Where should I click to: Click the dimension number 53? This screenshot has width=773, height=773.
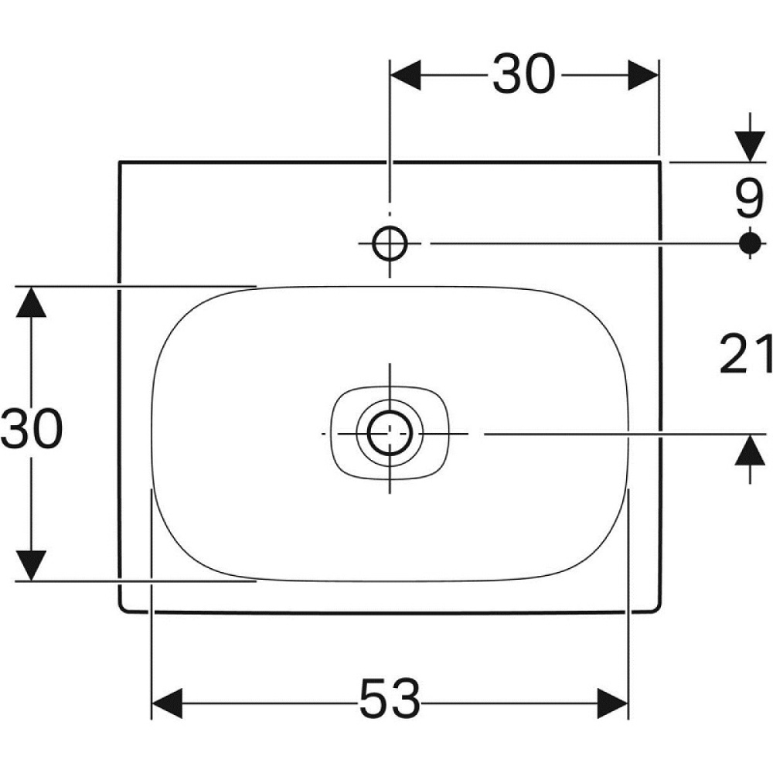[390, 698]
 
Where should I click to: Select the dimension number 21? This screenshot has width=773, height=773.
[746, 353]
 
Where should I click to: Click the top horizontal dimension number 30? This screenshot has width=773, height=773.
[523, 74]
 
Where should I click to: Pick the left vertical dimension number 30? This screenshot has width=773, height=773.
[32, 428]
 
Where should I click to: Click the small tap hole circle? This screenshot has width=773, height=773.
[390, 243]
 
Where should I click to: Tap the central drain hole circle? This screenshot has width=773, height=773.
[390, 434]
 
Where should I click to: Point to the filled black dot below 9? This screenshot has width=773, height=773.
[750, 243]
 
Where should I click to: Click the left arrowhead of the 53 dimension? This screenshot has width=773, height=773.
[167, 703]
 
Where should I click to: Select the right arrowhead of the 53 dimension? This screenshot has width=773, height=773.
[612, 703]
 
